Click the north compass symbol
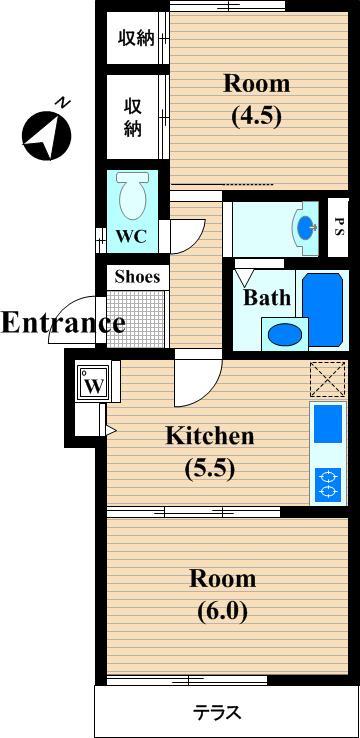pyautogui.click(x=47, y=135)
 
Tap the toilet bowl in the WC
pyautogui.click(x=134, y=194)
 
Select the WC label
pyautogui.click(x=131, y=236)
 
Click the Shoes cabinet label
pyautogui.click(x=137, y=277)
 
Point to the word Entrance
pyautogui.click(x=64, y=323)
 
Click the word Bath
pyautogui.click(x=266, y=297)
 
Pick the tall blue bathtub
pyautogui.click(x=323, y=310)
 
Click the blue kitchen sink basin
pyautogui.click(x=328, y=423)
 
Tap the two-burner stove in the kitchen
pyautogui.click(x=328, y=484)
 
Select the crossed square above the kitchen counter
pyautogui.click(x=328, y=379)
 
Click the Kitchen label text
pyautogui.click(x=210, y=436)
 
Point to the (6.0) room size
pyautogui.click(x=223, y=611)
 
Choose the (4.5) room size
pyautogui.click(x=256, y=115)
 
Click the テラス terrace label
pyautogui.click(x=218, y=714)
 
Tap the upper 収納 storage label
pyautogui.click(x=136, y=38)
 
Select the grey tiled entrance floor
pyautogui.click(x=136, y=319)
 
